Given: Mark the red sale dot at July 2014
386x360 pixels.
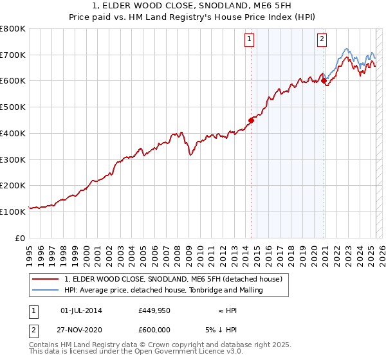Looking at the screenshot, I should coord(252,120).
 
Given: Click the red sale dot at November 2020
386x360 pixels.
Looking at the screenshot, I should coord(324,80).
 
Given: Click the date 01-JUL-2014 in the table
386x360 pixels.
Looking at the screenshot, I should coord(81,310).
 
